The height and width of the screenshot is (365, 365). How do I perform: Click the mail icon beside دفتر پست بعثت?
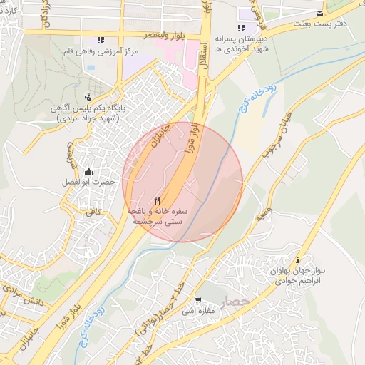tap(319, 14)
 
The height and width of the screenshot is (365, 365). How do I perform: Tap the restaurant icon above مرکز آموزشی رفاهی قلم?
tap(101, 40)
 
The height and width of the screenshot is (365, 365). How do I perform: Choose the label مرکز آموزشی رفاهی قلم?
tap(98, 51)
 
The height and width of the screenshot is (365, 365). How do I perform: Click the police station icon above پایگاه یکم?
tap(88, 96)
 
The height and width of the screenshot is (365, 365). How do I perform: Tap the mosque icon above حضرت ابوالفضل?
tap(88, 171)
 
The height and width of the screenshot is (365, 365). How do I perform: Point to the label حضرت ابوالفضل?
tap(88, 182)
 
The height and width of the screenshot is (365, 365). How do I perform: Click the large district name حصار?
tap(235, 302)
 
